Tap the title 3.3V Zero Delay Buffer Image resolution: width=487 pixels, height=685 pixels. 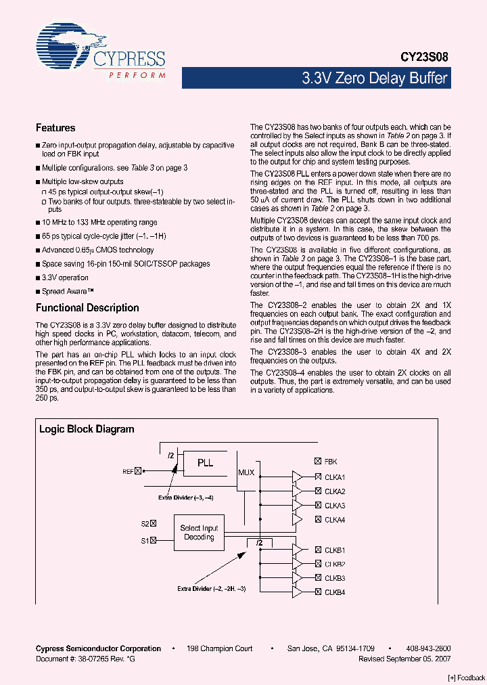pyautogui.click(x=374, y=78)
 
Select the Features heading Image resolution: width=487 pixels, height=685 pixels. pyautogui.click(x=55, y=128)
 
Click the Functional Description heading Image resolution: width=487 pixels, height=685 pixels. pyautogui.click(x=87, y=308)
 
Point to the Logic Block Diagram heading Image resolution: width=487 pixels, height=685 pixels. pyautogui.click(x=87, y=429)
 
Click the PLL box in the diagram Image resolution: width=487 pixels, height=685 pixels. pyautogui.click(x=205, y=463)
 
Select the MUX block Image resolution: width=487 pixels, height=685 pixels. pyautogui.click(x=246, y=472)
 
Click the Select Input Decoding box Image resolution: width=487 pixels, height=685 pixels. pyautogui.click(x=199, y=533)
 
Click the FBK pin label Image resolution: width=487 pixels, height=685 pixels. pyautogui.click(x=330, y=462)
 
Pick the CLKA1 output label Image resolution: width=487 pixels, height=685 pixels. pyautogui.click(x=335, y=477)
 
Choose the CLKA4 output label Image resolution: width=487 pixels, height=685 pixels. pyautogui.click(x=335, y=520)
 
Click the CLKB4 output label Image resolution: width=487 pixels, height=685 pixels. pyautogui.click(x=335, y=592)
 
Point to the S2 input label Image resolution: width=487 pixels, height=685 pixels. pyautogui.click(x=145, y=523)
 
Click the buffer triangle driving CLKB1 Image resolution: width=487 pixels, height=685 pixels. pyautogui.click(x=297, y=550)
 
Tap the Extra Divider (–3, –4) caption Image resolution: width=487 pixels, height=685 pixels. pyautogui.click(x=185, y=498)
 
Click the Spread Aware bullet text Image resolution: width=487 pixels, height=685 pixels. pyautogui.click(x=67, y=291)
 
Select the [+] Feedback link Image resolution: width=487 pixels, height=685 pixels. pyautogui.click(x=467, y=678)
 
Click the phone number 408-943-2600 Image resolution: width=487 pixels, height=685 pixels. pyautogui.click(x=429, y=648)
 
